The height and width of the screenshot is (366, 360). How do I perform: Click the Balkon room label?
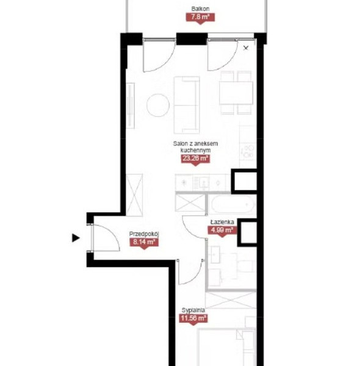click(x=200, y=9)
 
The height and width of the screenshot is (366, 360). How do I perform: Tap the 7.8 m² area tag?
click(x=200, y=17)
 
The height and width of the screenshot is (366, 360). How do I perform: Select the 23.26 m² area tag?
click(x=195, y=159)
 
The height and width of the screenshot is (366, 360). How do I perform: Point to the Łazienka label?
click(x=222, y=222)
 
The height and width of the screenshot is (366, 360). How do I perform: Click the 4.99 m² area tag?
click(x=222, y=230)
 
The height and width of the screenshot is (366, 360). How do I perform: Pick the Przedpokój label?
click(x=144, y=234)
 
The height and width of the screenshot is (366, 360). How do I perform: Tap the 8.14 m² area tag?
click(x=144, y=242)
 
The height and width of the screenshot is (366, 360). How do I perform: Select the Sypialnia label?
click(x=193, y=310)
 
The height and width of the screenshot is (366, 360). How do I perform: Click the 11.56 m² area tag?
click(x=193, y=318)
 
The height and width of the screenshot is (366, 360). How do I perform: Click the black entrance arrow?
click(x=76, y=238)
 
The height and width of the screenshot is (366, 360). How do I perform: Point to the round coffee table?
click(x=158, y=105)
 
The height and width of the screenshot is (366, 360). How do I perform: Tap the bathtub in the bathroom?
click(x=232, y=204)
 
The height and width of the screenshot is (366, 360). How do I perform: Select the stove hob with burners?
click(x=248, y=151)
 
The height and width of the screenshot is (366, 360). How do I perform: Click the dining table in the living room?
click(x=236, y=93)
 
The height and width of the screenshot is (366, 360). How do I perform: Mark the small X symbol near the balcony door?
click(x=246, y=48)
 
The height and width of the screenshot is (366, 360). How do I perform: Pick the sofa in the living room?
click(x=187, y=105)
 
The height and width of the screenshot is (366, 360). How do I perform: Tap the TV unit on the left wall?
click(x=131, y=106)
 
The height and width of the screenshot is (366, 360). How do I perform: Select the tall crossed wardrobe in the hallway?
click(x=134, y=195)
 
